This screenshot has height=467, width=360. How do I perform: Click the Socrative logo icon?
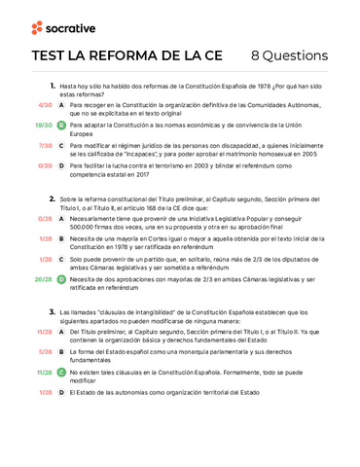coord(36,27)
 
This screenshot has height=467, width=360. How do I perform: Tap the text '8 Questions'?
coord(289,55)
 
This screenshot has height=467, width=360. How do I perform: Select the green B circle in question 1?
coord(61,126)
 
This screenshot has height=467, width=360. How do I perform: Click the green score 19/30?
coord(43,126)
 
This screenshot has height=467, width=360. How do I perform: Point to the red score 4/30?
coord(45,104)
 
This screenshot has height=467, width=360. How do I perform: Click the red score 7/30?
coord(45,146)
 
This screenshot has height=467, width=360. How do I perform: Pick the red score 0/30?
coord(45,166)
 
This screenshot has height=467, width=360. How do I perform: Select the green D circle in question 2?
coord(61,279)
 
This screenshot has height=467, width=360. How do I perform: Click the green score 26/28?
coord(43,279)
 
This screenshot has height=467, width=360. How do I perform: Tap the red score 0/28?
coord(45,219)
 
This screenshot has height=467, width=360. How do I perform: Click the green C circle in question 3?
coord(61,372)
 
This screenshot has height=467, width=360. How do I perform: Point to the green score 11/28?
coord(43,372)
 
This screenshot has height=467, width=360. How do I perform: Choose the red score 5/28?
coord(45,351)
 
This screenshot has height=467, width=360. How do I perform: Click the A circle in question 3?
coord(61,331)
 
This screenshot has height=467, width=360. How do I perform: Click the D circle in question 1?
coord(61,166)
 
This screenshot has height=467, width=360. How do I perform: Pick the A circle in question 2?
coord(61,219)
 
